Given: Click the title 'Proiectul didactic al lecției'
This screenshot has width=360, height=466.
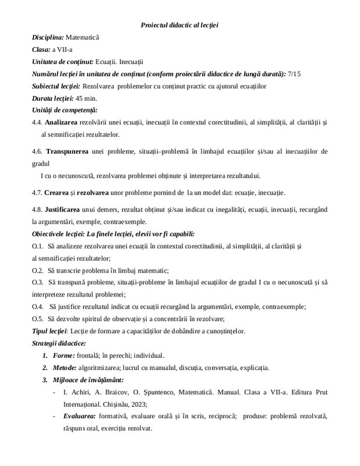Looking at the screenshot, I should tap(179, 24).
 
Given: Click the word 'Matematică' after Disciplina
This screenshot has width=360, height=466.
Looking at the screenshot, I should tap(83, 37).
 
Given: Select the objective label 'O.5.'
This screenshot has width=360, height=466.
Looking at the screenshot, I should tap(38, 319).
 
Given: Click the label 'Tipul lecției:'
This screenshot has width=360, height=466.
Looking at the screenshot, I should tap(50, 331).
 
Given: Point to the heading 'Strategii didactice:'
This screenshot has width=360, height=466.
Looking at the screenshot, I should tap(59, 343).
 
